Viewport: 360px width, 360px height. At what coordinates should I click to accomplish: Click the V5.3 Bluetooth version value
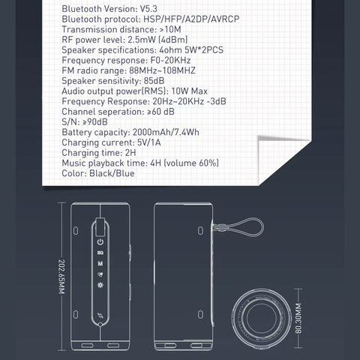[x=148, y=9]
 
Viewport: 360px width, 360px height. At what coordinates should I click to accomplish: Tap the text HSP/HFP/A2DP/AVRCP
[x=191, y=19]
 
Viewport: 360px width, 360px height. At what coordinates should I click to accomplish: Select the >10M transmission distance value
[x=170, y=29]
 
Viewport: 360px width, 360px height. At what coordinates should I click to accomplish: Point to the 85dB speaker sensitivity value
[x=154, y=81]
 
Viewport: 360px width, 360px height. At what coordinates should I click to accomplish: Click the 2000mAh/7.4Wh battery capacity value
[x=166, y=132]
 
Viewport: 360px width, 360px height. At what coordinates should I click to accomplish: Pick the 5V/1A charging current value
[x=149, y=142]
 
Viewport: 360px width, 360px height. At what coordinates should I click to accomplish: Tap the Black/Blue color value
[x=112, y=173]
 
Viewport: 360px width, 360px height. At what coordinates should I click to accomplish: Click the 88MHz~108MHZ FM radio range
[x=162, y=70]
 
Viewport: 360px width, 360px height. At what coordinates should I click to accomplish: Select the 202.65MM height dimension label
[x=61, y=277]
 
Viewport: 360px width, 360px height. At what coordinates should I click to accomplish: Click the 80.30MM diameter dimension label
[x=298, y=318]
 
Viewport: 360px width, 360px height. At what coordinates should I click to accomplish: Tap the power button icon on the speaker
[x=100, y=241]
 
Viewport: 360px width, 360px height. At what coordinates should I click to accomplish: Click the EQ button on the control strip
[x=100, y=253]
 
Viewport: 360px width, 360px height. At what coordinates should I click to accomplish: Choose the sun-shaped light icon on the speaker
[x=100, y=285]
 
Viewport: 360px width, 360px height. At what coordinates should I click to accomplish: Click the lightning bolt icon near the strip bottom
[x=100, y=315]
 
